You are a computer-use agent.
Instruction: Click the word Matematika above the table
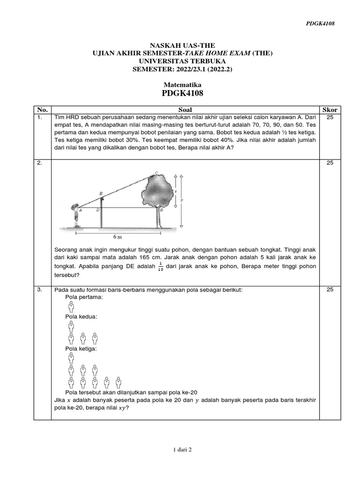click(182, 84)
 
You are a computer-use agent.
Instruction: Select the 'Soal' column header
click(182, 110)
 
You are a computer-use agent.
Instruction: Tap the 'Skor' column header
click(330, 110)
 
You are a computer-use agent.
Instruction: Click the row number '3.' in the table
click(40, 290)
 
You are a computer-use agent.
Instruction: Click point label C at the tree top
click(156, 172)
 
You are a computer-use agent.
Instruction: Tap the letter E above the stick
click(100, 193)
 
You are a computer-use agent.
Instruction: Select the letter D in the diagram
click(97, 210)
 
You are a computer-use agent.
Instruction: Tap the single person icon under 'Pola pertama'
click(71, 307)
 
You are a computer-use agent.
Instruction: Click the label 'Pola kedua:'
click(82, 317)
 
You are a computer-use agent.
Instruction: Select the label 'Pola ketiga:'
click(82, 349)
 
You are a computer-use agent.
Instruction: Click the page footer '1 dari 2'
click(182, 450)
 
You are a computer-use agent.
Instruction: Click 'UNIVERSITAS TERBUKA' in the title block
click(182, 61)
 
